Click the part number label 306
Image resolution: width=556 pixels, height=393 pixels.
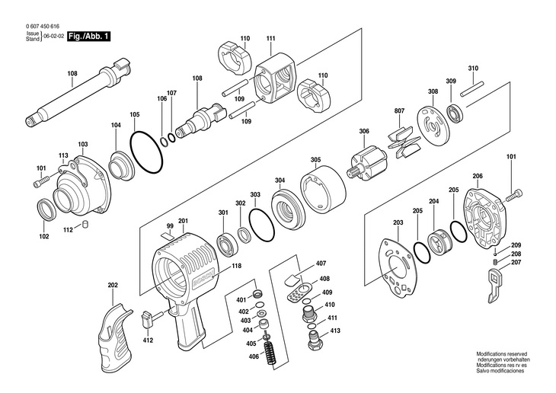(x=364, y=132)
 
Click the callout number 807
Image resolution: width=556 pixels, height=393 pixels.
(x=399, y=112)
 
